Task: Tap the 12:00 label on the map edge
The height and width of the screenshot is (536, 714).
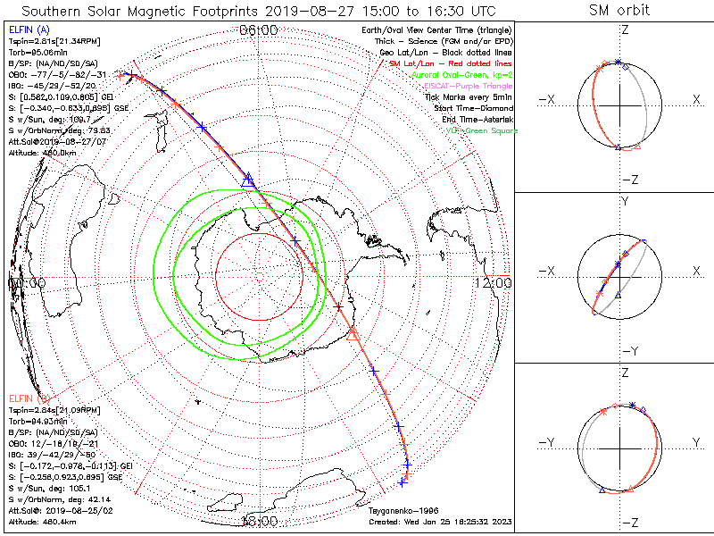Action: coord(494,282)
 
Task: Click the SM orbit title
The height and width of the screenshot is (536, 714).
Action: coord(619,11)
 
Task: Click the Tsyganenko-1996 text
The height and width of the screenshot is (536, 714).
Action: coord(398,510)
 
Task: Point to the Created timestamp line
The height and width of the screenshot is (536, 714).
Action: coord(440,520)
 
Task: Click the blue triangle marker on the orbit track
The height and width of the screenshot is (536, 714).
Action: coord(248,178)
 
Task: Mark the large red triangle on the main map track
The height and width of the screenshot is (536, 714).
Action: coord(352,334)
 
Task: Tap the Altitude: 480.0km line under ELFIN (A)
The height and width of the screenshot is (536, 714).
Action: coord(41,152)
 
